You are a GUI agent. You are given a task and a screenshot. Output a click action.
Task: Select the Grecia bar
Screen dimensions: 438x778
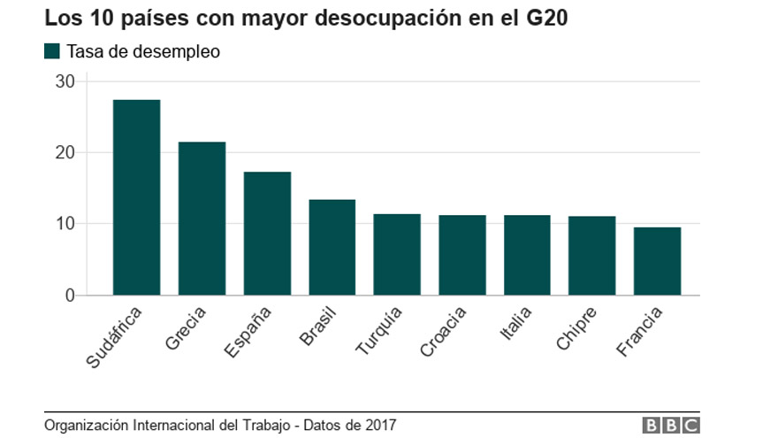pos(202,219)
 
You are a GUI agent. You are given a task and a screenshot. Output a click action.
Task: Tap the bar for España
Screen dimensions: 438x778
pos(267,234)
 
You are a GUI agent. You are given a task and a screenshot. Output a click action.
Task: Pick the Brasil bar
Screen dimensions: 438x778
pos(332,248)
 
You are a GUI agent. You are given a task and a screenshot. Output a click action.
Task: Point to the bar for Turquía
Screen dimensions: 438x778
pos(397,255)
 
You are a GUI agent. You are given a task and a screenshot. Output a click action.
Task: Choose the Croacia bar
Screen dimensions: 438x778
pos(462,255)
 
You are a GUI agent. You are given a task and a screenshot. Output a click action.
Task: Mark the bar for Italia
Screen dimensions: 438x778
pos(527,255)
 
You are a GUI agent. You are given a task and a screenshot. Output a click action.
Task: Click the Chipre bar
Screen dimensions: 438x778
pos(592,256)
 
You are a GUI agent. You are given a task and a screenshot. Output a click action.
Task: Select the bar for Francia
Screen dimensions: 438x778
pos(658,261)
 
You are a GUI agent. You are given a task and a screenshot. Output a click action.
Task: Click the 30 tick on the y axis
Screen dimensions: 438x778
pos(65,81)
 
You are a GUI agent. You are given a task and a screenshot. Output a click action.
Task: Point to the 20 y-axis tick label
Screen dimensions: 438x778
pos(65,153)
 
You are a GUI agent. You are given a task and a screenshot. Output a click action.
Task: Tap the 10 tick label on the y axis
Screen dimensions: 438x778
pos(65,224)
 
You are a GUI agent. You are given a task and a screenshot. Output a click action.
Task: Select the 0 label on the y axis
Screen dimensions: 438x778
pos(71,296)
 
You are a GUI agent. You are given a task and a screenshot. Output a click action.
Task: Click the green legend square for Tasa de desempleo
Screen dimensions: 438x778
pos(51,51)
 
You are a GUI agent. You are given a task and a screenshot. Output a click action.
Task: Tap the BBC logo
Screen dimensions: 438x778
pos(670,426)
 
